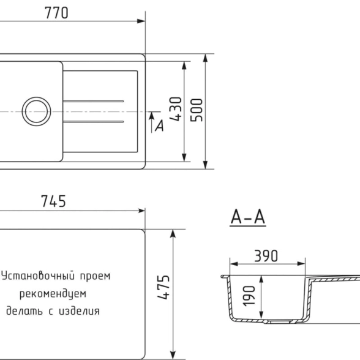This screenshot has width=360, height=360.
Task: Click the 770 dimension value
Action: [56, 13]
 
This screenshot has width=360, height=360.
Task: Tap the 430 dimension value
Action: [176, 109]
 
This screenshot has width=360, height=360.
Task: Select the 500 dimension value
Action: [197, 110]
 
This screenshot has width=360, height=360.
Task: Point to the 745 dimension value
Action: [53, 201]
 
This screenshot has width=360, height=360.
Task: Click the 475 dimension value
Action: [163, 287]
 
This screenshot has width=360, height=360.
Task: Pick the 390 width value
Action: [266, 256]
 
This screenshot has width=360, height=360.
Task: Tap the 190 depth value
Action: [249, 296]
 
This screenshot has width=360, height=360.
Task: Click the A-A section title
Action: [248, 217]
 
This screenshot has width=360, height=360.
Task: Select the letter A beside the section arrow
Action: [160, 126]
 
